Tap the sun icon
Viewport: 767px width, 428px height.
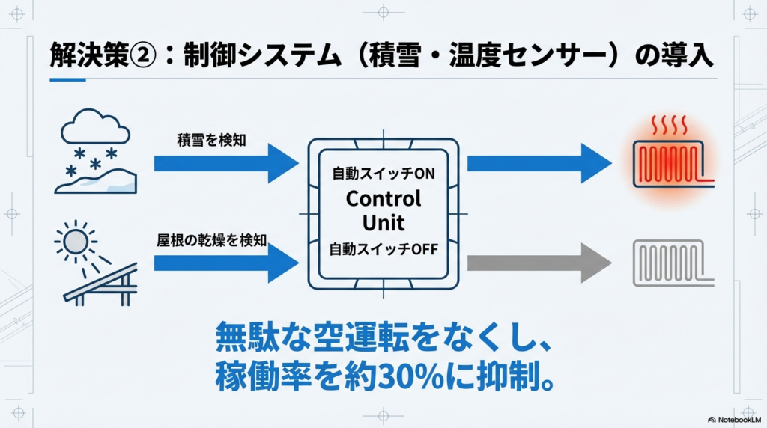(75, 242)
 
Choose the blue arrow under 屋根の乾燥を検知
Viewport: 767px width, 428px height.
(225, 263)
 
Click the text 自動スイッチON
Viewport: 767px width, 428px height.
(383, 174)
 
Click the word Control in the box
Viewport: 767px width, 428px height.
(383, 199)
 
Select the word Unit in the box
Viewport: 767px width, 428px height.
(383, 223)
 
